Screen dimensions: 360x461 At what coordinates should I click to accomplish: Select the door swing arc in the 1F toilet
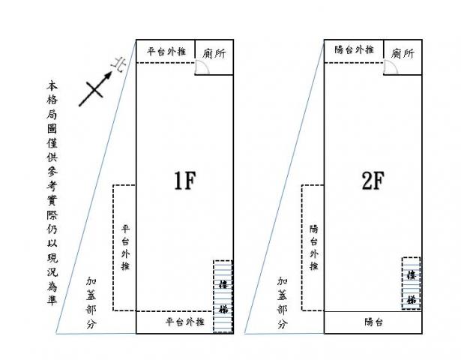[x=202, y=67]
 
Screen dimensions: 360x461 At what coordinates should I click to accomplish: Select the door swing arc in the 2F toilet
[x=390, y=67]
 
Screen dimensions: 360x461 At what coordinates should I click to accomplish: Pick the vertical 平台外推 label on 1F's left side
[x=125, y=247]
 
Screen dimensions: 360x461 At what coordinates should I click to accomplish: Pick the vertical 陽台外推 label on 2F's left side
[x=313, y=247]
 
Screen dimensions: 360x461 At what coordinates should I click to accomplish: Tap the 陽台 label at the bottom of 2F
[x=374, y=322]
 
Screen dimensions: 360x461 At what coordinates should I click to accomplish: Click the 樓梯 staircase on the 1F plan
[x=223, y=295]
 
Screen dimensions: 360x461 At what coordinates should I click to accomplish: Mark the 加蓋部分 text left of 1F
[x=91, y=303]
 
